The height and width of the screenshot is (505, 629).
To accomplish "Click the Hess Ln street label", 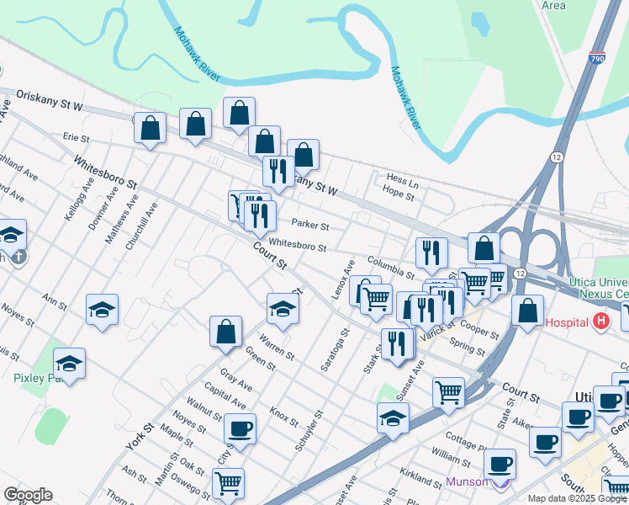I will pos(402,181).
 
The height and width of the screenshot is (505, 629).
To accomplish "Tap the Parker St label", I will pos(309,226).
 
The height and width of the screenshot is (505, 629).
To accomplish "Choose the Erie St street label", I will pos(76,136).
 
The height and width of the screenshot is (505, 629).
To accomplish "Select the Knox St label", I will pos(284,417).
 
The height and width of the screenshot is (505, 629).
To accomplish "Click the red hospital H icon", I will pos(600,321).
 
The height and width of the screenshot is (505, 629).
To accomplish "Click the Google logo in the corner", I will pos(27,495).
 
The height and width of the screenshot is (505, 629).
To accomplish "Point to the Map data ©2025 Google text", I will pos(578,498).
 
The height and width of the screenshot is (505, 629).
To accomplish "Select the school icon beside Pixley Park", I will pos(70,364).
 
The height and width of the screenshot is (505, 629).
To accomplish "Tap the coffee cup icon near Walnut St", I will pos(240,429).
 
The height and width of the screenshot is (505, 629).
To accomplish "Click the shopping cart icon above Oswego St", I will pos(228,483).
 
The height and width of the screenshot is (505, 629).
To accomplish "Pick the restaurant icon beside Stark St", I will pos(395,343).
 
